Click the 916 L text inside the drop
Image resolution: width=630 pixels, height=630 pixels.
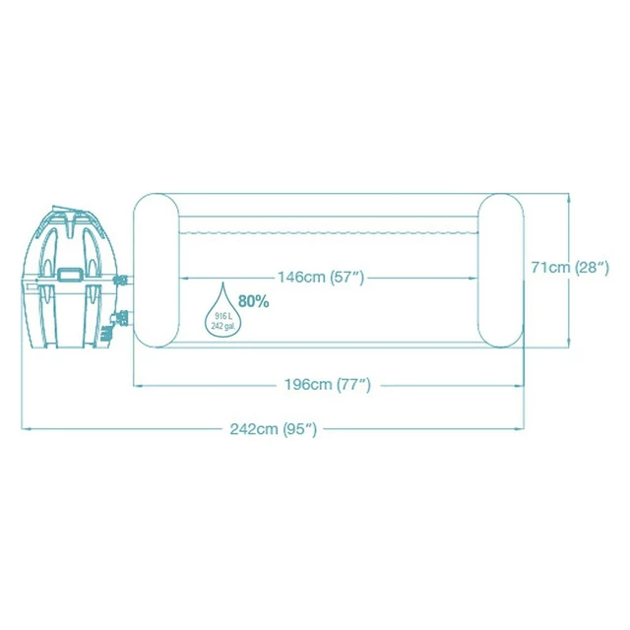(x=223, y=314)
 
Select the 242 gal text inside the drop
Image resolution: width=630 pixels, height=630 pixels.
(x=223, y=325)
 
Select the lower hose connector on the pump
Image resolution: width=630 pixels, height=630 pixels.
(x=125, y=320)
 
